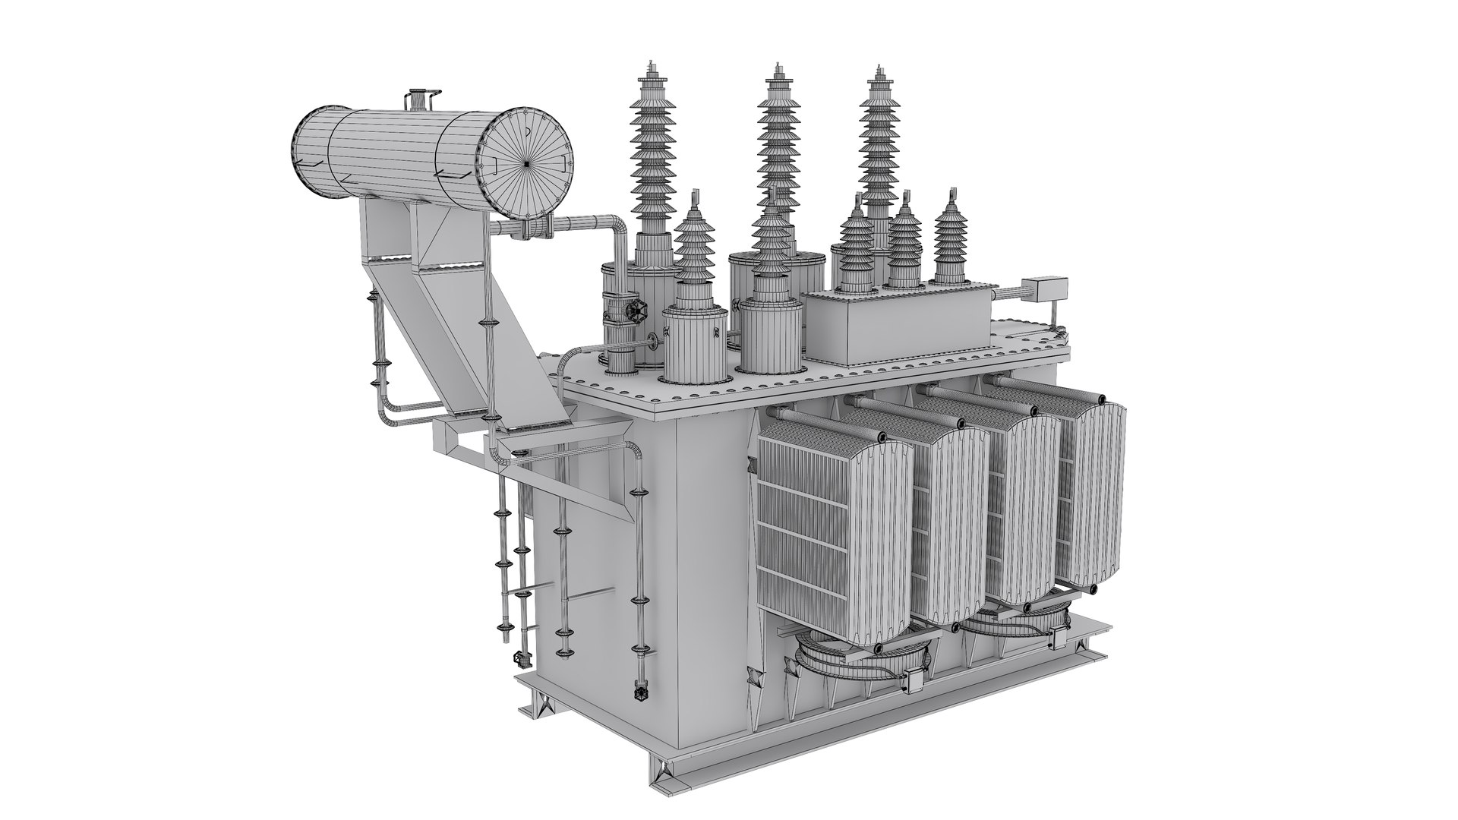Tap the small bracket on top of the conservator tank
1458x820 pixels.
(417, 99)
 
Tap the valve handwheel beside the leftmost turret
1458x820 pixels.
(634, 311)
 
